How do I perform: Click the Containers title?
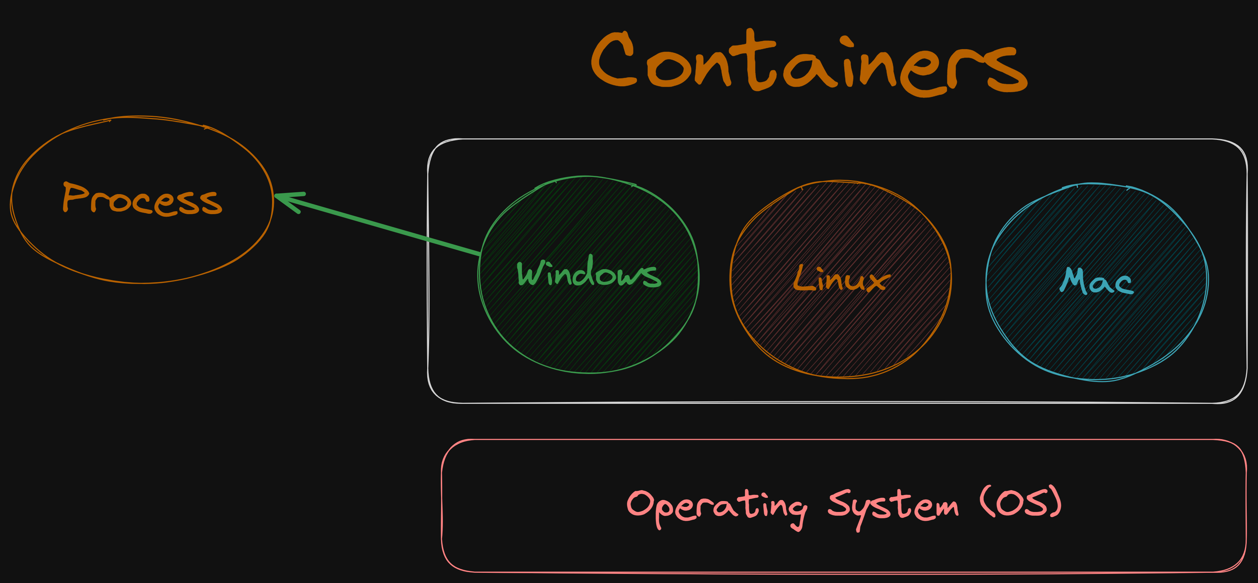(808, 63)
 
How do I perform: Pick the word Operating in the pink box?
(716, 507)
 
